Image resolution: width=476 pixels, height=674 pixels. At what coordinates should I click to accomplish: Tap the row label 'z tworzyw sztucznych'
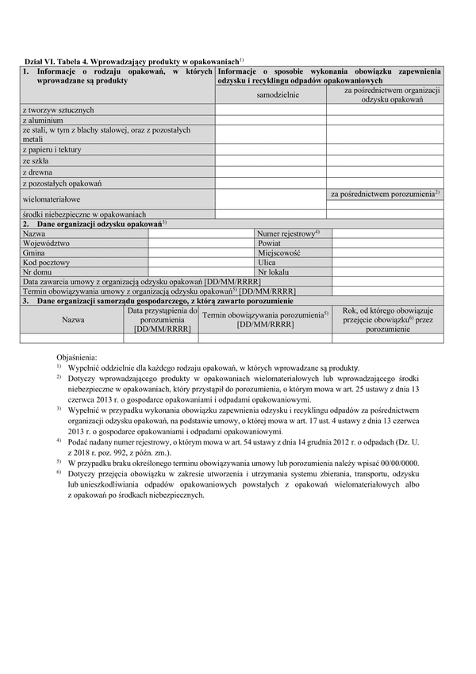(x=59, y=109)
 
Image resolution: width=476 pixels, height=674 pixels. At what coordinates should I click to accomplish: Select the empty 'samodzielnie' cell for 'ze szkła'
(x=271, y=160)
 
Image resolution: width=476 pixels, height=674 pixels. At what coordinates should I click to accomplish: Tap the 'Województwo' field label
(x=47, y=243)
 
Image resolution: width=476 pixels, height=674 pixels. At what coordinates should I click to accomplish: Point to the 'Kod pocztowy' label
(x=47, y=262)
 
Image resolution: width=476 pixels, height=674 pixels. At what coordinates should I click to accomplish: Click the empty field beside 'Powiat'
(x=387, y=243)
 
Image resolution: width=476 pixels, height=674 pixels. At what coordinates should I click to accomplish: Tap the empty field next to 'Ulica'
(x=387, y=262)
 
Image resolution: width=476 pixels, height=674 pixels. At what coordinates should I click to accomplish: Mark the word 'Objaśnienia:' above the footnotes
(x=80, y=358)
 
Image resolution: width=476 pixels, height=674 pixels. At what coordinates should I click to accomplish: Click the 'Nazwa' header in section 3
(x=73, y=320)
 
